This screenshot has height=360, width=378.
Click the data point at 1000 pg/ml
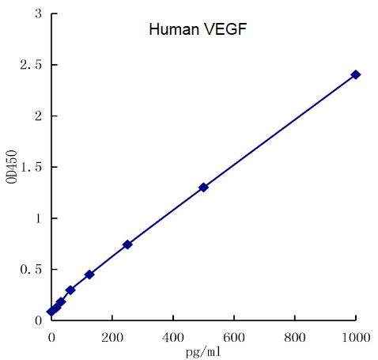pos(356,74)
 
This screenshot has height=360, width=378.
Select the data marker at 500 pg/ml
pos(203,188)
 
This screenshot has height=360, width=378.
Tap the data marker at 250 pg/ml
pos(127,244)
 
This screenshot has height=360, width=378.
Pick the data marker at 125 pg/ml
pos(89,275)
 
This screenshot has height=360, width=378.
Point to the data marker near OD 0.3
pos(70,290)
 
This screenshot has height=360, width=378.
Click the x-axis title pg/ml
pos(203,351)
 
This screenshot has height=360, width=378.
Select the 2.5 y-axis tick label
pos(32,65)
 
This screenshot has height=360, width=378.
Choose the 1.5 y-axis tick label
pos(32,167)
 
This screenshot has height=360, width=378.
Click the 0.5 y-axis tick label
pos(32,269)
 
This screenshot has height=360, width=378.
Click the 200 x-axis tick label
pos(112,335)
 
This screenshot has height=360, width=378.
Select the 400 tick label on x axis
pos(173,335)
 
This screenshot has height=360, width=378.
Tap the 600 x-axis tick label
pos(234,335)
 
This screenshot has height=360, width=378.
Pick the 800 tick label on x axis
pos(295,335)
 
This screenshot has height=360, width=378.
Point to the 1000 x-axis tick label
pos(356,335)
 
